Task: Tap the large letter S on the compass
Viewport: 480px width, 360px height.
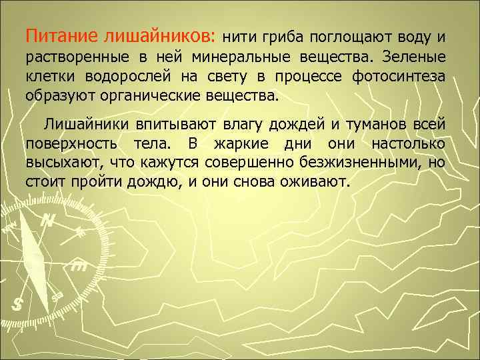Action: [x=18, y=304]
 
